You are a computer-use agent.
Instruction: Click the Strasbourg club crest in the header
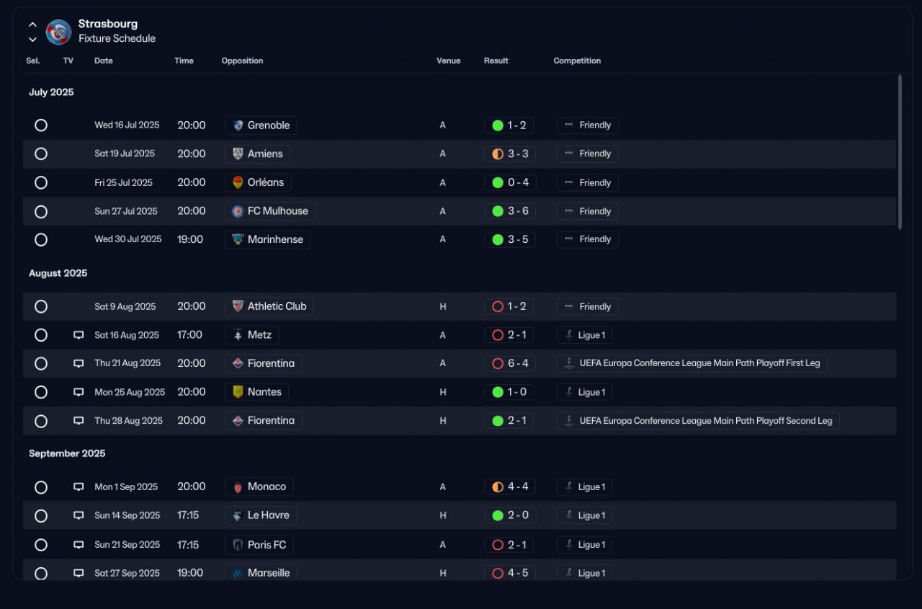(x=58, y=32)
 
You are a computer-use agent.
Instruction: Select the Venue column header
(x=448, y=61)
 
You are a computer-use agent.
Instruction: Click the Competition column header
(x=577, y=61)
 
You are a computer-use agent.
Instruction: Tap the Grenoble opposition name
(x=269, y=125)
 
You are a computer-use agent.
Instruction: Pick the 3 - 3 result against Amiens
(x=518, y=154)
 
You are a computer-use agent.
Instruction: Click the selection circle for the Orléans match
(x=41, y=182)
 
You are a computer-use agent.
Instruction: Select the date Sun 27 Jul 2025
(x=125, y=211)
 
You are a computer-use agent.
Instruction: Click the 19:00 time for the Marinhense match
(x=189, y=239)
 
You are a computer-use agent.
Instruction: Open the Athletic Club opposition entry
(x=277, y=306)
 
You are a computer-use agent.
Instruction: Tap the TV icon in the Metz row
(x=79, y=334)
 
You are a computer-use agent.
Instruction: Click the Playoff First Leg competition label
(x=699, y=363)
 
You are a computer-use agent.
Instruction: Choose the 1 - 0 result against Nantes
(x=516, y=392)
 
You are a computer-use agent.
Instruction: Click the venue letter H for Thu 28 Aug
(x=443, y=420)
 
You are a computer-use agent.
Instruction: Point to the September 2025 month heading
(x=67, y=453)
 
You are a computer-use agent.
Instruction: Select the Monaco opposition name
(x=267, y=486)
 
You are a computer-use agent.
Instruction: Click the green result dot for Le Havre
(x=498, y=515)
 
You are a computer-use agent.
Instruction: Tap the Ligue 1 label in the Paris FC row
(x=591, y=544)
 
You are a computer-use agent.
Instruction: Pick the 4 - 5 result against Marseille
(x=518, y=573)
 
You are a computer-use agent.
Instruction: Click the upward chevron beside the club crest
(x=32, y=25)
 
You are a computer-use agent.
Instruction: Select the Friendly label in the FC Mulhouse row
(x=595, y=211)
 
